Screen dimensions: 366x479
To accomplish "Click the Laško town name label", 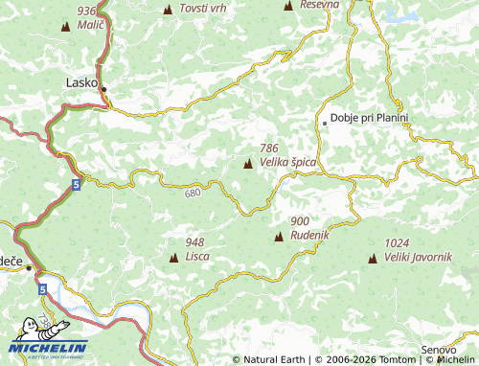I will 80,82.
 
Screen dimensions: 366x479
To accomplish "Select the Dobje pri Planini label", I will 369,119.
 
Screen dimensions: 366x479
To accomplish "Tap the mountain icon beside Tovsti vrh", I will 169,10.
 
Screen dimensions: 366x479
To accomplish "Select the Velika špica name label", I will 287,163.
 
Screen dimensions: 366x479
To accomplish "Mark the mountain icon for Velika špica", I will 249,164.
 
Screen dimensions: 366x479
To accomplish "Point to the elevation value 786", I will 269,149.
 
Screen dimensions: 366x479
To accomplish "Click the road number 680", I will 195,194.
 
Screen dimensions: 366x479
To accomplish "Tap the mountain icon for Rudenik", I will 279,236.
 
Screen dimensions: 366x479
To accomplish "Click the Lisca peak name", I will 198,257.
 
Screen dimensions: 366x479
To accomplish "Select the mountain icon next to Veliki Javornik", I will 372,258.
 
